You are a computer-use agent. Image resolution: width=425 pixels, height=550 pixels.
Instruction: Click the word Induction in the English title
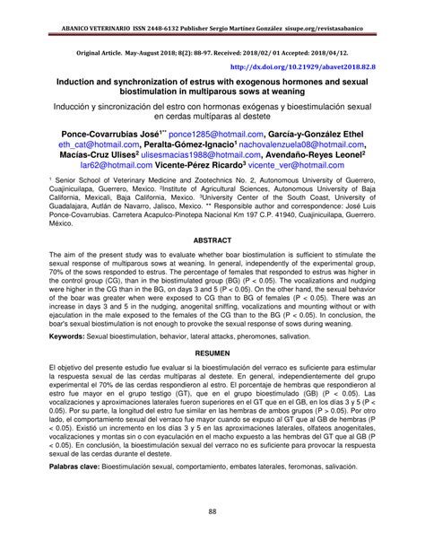coord(80,81)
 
